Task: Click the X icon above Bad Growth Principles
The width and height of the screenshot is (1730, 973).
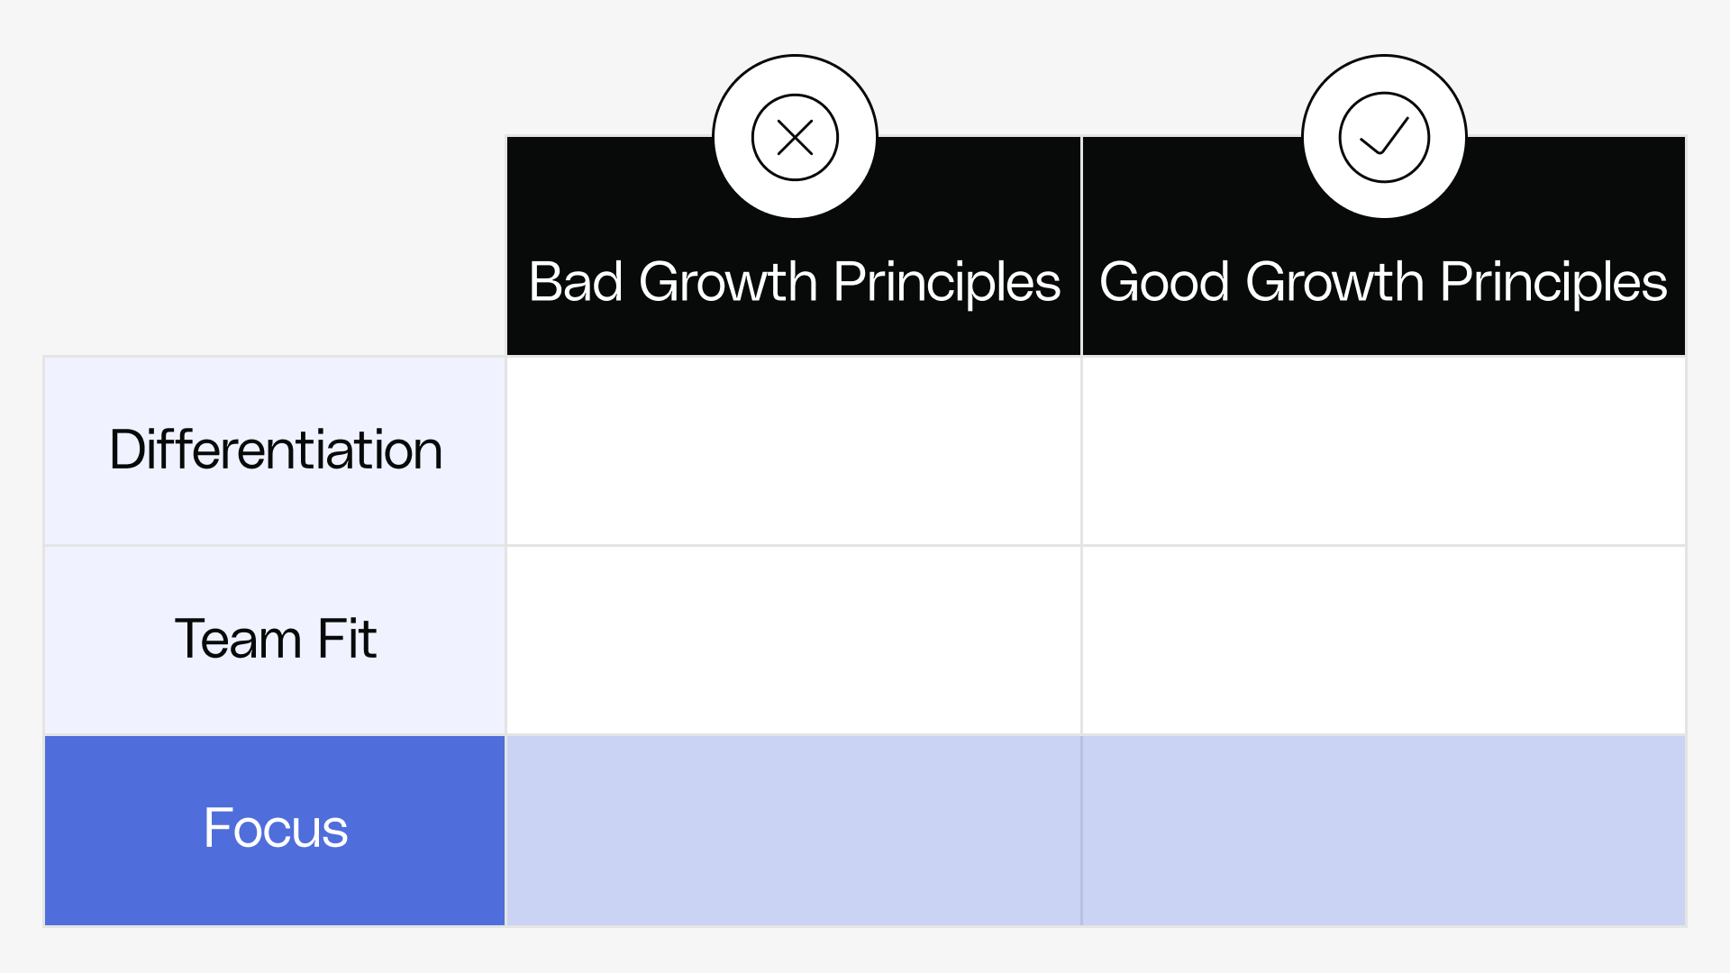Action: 795,138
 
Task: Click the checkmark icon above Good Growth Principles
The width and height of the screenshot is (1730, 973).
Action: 1384,138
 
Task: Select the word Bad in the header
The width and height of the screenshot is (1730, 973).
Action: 575,282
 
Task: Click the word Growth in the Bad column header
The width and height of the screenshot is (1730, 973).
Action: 728,282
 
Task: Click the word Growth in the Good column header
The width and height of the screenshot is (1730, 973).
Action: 1334,282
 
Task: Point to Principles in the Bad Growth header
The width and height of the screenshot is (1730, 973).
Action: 946,282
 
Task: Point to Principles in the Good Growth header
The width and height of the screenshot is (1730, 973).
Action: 1553,282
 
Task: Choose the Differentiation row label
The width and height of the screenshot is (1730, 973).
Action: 276,450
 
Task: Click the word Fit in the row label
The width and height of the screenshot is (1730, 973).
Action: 347,640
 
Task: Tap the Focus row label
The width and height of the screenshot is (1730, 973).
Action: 276,829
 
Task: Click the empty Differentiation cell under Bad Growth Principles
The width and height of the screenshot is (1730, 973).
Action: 794,450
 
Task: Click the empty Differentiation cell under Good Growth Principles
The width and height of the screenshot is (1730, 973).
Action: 1383,450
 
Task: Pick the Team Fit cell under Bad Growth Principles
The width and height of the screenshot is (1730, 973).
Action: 794,640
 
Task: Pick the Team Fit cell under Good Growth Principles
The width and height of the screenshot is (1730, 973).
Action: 1383,640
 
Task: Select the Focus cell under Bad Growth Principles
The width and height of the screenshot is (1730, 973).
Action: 794,830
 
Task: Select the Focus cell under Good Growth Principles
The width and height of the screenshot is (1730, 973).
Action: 1383,830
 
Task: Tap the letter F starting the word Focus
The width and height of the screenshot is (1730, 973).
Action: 217,828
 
